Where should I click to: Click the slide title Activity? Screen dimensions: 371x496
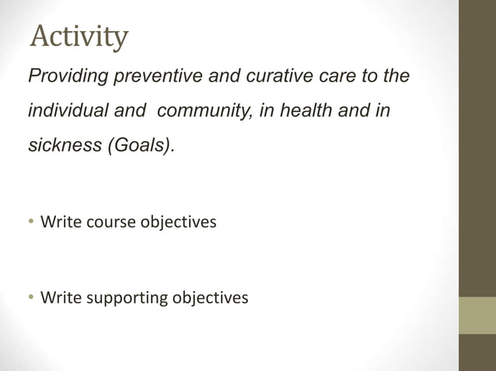[79, 36]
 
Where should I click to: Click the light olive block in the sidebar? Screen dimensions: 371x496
[477, 315]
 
